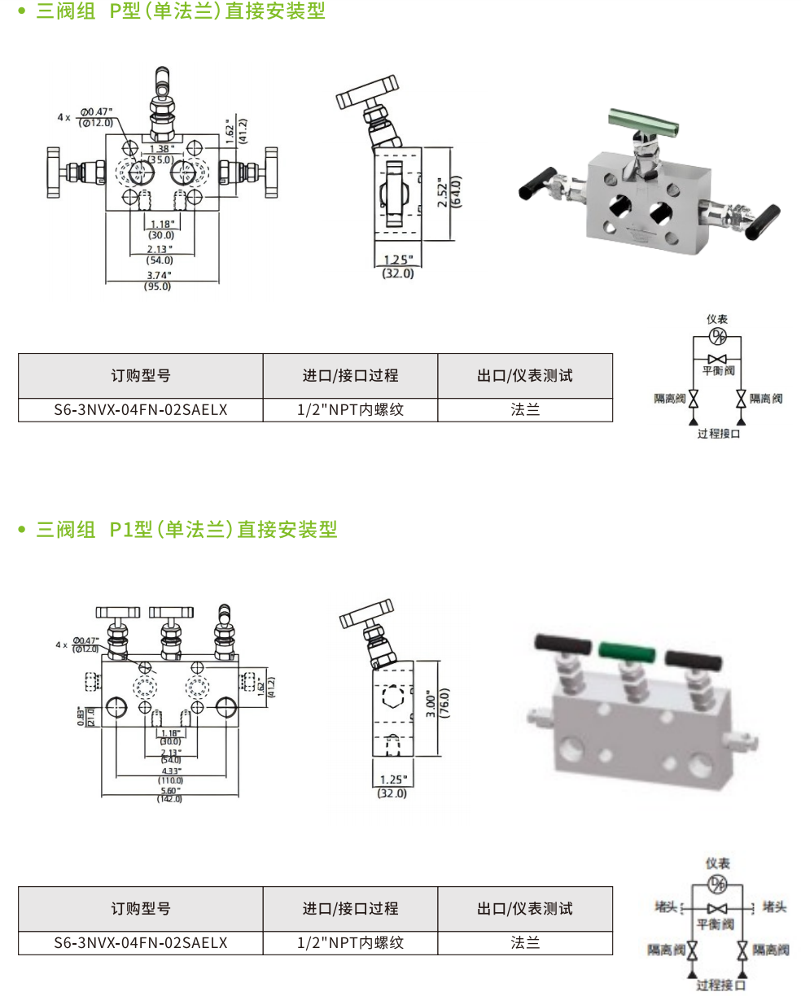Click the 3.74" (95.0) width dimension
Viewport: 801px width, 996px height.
[x=158, y=280]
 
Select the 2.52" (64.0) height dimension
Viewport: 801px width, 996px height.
[x=448, y=193]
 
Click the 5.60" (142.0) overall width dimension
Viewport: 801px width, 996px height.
[x=169, y=794]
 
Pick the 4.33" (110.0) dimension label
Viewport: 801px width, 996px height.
[x=169, y=775]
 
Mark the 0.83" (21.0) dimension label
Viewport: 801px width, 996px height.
[x=85, y=716]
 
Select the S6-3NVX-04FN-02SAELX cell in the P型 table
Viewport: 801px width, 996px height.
[x=140, y=410]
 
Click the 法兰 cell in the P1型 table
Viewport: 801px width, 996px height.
[x=525, y=943]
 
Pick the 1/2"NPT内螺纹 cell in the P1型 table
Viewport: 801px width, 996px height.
[x=350, y=943]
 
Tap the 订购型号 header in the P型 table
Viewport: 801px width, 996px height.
[x=140, y=376]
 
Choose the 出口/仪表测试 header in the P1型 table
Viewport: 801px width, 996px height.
[x=525, y=909]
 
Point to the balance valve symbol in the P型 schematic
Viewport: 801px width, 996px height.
[x=717, y=359]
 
